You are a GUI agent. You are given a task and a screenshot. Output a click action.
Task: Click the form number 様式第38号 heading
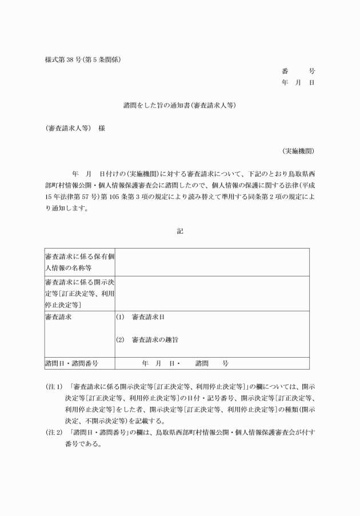(83, 59)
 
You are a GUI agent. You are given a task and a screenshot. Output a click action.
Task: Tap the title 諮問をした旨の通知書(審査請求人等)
(179, 106)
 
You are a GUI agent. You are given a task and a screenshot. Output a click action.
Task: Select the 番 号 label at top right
(298, 71)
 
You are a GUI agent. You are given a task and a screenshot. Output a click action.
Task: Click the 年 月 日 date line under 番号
(298, 83)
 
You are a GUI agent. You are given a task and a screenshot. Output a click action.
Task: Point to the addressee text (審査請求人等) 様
(75, 129)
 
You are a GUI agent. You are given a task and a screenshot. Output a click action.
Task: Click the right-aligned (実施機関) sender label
(298, 151)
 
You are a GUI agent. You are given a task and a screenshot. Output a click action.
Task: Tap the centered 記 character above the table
(179, 231)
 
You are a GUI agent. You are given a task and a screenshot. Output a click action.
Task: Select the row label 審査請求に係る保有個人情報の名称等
(79, 262)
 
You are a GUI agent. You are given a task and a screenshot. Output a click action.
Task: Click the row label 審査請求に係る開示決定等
(79, 293)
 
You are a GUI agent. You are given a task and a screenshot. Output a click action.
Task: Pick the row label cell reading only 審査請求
(59, 317)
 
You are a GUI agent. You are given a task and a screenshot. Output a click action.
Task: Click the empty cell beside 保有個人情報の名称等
(212, 262)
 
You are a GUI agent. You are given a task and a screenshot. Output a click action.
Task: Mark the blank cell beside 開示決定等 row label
(212, 293)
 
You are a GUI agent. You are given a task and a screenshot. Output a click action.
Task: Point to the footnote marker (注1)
(54, 387)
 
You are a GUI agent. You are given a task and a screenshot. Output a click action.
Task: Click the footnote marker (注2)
(54, 433)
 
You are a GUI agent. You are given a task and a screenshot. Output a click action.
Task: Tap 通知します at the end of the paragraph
(71, 209)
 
